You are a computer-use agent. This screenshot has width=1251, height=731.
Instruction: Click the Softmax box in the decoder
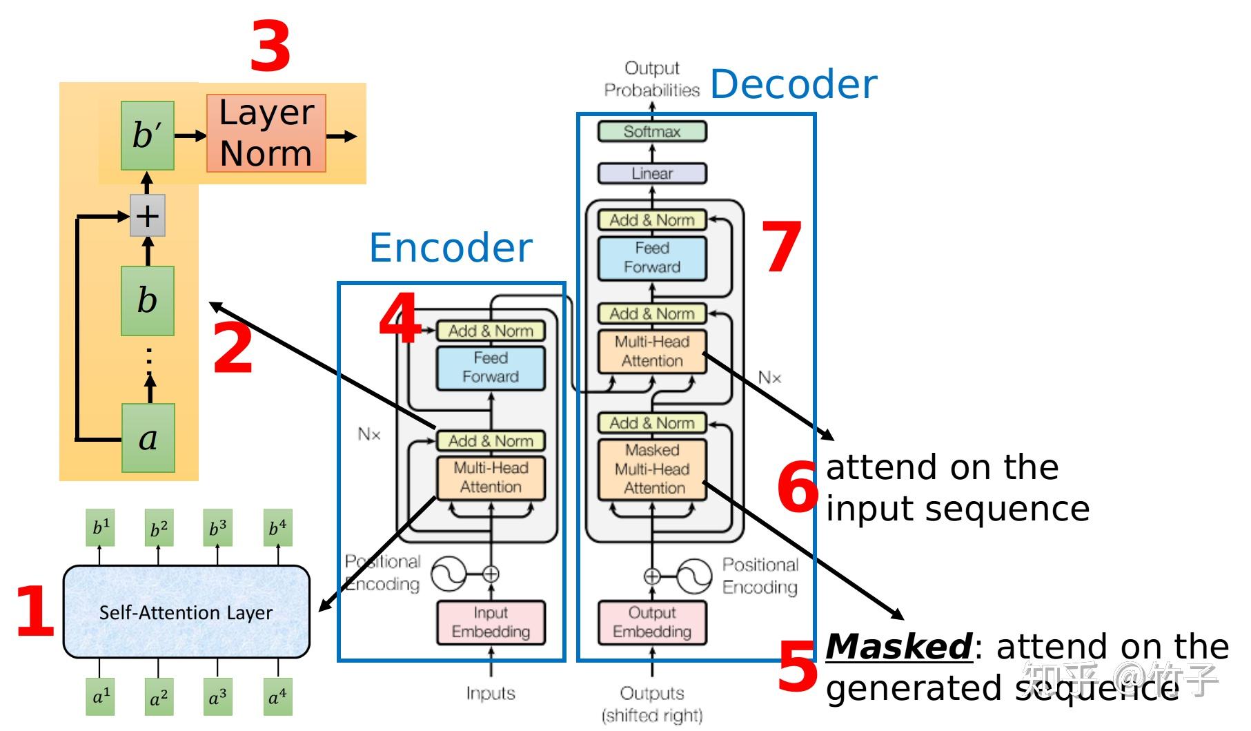point(652,131)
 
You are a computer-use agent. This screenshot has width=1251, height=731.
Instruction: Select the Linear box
point(652,173)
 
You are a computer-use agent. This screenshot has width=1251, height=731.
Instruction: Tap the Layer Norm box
point(266,133)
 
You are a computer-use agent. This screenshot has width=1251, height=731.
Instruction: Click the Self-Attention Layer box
point(186,612)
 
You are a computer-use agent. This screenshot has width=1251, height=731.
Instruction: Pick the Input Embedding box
point(491,623)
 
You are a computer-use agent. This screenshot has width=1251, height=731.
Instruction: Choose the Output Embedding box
point(652,623)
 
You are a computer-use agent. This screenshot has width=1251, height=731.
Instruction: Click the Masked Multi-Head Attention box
point(652,469)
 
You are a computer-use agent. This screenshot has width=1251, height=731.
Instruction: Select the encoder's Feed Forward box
point(491,368)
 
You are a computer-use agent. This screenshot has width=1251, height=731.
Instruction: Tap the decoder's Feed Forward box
point(652,258)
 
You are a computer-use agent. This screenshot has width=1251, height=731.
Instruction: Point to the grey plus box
point(148,216)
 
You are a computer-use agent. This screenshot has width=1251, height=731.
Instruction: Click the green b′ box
point(148,135)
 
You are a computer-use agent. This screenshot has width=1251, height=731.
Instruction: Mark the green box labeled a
point(148,438)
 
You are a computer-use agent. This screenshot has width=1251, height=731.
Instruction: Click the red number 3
point(270,47)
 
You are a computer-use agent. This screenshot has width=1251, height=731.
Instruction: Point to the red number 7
point(781,247)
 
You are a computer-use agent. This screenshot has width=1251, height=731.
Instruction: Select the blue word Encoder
point(451,248)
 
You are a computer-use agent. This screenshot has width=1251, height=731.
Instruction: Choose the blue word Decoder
point(794,84)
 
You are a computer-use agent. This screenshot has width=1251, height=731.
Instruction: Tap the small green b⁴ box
point(278,528)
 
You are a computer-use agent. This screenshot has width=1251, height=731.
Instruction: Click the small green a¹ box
point(101,696)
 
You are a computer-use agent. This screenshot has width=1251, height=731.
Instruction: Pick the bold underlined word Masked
point(898,647)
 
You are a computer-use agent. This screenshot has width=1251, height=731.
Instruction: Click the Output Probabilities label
point(652,79)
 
